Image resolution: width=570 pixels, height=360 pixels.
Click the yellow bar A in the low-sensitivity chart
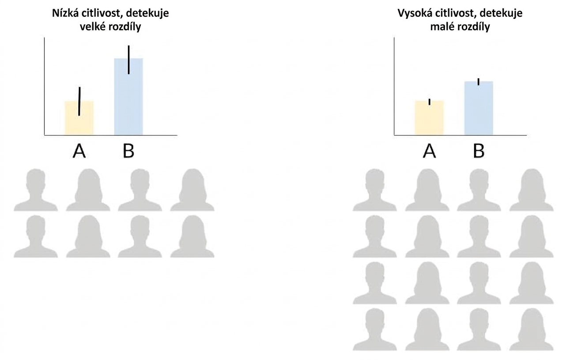point(79,118)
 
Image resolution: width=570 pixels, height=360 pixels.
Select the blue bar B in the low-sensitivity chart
point(128,97)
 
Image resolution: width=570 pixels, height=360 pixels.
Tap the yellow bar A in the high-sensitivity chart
point(429,118)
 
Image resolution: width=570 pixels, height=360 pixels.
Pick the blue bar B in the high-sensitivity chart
point(479,108)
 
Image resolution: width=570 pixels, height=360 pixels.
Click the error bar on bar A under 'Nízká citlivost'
point(79,101)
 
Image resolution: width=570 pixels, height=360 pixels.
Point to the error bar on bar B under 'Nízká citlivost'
point(129,60)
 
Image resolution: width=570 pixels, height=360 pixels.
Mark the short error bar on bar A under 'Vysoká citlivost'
point(430,102)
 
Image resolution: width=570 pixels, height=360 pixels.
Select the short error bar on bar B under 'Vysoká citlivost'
point(479,82)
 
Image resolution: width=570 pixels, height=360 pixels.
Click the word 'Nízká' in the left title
point(65,13)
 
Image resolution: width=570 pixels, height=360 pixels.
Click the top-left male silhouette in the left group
point(36,190)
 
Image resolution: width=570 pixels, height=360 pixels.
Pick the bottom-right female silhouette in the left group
point(193,236)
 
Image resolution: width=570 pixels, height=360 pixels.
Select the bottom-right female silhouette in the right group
point(532,330)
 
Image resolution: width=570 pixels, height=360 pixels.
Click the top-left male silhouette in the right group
point(375,190)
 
